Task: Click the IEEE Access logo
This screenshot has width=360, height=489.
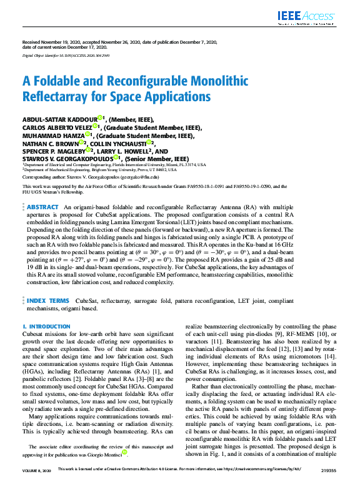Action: point(303,17)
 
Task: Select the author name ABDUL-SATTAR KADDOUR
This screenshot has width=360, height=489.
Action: point(61,118)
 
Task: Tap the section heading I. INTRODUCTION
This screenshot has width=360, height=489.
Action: point(46,327)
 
